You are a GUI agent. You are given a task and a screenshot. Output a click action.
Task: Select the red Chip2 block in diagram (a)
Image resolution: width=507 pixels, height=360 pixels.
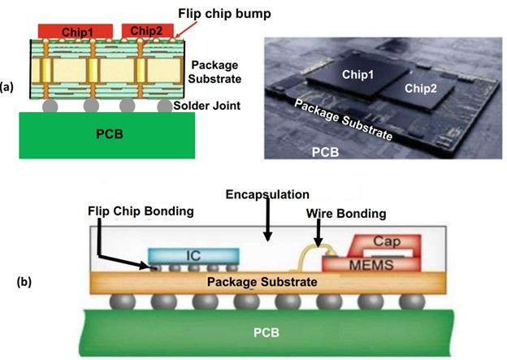[146, 31]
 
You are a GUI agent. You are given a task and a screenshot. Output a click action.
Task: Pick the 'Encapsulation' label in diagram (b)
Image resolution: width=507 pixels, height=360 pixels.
[268, 196]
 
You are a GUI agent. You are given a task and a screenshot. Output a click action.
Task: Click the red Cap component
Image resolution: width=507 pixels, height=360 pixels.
[381, 242]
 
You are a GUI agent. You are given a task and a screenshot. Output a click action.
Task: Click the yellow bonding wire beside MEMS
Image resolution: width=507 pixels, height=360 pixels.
[309, 255]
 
